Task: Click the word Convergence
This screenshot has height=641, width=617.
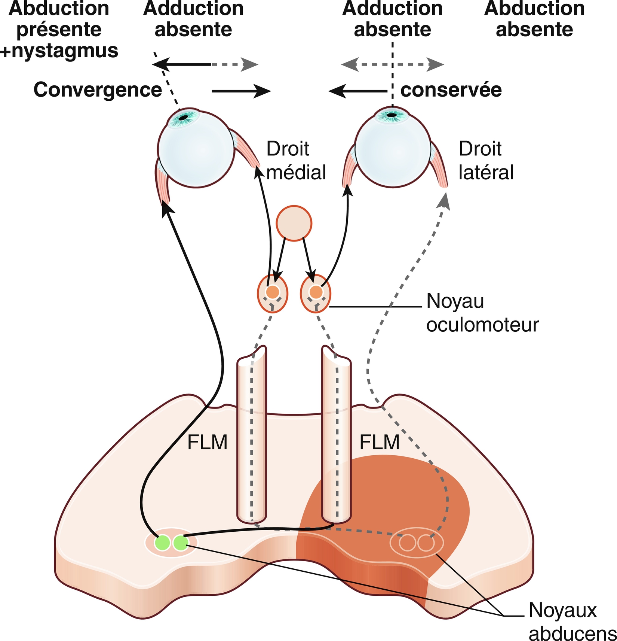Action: [98, 90]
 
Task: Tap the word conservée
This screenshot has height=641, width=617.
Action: [451, 90]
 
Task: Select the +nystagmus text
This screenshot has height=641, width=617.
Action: [59, 51]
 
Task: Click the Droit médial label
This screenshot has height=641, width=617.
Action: [295, 161]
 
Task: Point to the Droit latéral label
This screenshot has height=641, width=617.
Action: [486, 161]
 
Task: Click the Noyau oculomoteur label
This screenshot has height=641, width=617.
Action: [482, 313]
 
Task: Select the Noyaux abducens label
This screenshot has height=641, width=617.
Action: [572, 622]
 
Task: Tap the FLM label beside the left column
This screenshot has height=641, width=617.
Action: [207, 442]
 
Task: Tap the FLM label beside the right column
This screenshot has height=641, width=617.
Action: [379, 442]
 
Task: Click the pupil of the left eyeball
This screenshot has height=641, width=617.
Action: [183, 118]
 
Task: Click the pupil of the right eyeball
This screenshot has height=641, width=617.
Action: [392, 115]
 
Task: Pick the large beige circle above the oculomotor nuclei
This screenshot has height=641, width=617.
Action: [294, 223]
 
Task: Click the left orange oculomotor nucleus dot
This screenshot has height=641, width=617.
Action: [273, 291]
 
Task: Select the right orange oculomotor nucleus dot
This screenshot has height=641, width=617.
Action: [316, 292]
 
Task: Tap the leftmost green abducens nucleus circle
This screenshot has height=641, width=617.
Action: [163, 543]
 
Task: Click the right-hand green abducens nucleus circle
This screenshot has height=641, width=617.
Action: [181, 543]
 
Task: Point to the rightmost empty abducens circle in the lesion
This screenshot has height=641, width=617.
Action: [426, 543]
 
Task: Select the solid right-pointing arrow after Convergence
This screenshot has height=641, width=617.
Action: [241, 91]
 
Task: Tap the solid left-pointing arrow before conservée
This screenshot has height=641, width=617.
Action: [357, 91]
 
